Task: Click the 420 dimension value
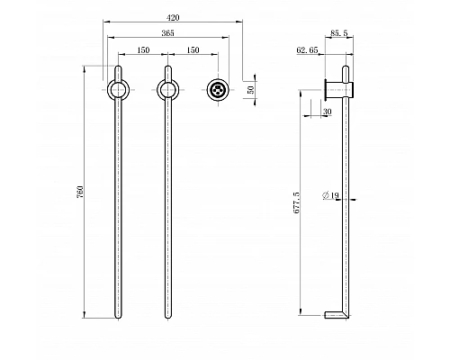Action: point(173,18)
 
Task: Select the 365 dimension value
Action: point(167,33)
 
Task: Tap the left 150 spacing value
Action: point(143,50)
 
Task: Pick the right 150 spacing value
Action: point(193,50)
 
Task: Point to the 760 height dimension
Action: point(80,192)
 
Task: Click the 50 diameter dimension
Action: point(251,90)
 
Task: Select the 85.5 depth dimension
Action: point(339,33)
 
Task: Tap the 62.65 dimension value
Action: point(307,50)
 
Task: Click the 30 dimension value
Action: point(328,112)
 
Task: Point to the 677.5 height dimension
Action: point(296,202)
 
